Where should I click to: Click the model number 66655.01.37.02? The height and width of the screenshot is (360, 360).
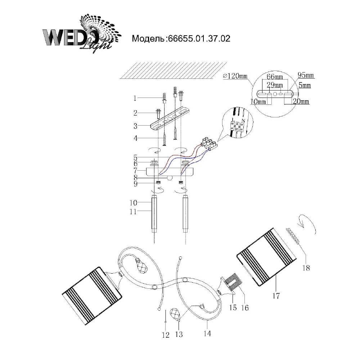(x=199, y=39)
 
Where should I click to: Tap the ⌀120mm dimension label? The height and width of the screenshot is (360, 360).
(x=235, y=76)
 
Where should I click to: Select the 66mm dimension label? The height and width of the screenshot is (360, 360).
(x=275, y=77)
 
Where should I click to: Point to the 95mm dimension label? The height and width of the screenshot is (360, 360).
(x=306, y=75)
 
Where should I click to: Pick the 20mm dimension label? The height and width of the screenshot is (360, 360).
(x=301, y=101)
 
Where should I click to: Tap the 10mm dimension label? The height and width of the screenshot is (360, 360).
(x=258, y=101)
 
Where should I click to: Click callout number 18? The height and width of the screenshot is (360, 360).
(x=306, y=268)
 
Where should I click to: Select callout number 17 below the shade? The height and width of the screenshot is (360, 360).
(x=276, y=296)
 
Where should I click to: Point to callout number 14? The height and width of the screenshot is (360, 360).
(x=207, y=333)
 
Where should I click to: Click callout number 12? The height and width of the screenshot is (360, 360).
(x=166, y=335)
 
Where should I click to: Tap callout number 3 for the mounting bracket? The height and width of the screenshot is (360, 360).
(x=135, y=126)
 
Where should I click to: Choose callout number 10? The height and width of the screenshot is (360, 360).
(x=133, y=203)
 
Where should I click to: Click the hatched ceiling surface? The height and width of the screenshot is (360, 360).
(x=174, y=71)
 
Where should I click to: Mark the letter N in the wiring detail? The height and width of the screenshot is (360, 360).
(x=244, y=121)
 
